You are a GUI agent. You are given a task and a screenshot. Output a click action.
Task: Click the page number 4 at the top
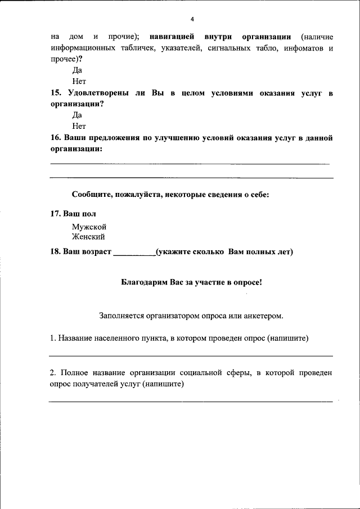click(x=192, y=19)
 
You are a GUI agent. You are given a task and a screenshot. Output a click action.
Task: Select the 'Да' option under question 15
click(x=77, y=115)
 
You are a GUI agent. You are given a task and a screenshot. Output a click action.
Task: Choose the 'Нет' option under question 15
click(x=79, y=126)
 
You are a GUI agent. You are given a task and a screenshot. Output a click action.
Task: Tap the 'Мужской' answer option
click(x=89, y=226)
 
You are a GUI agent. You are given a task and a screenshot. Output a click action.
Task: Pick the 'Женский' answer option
click(x=88, y=237)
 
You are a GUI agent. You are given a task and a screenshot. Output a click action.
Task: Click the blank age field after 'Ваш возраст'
click(x=134, y=252)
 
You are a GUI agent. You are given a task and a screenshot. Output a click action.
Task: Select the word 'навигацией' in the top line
click(x=172, y=37)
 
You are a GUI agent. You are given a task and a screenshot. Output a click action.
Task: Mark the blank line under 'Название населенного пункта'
click(x=191, y=355)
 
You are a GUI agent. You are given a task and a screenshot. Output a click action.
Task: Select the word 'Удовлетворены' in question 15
click(x=99, y=93)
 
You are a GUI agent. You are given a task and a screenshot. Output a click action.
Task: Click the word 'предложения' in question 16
click(x=108, y=138)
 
